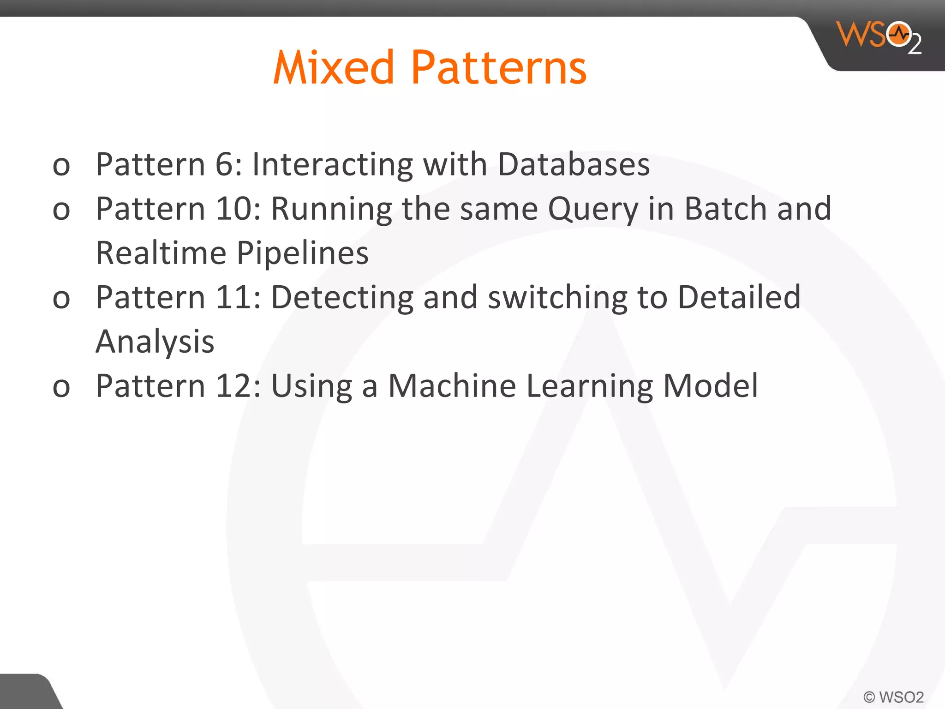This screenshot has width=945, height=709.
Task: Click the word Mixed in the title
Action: (x=333, y=68)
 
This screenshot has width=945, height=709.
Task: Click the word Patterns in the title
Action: (x=498, y=68)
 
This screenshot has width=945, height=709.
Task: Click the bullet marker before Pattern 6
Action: (x=61, y=166)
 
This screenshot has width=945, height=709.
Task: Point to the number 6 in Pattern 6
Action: (x=224, y=164)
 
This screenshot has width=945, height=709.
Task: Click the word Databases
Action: (x=574, y=164)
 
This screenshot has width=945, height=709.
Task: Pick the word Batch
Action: (x=725, y=209)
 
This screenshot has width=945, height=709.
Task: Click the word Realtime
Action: (x=161, y=253)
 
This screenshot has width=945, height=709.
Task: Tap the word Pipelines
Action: (x=302, y=254)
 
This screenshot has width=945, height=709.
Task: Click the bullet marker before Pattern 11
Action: (x=61, y=299)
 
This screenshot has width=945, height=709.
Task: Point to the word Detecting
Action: (x=342, y=298)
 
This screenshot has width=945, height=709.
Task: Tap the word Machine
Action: (x=452, y=386)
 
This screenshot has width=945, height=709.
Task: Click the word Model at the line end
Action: (x=710, y=386)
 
